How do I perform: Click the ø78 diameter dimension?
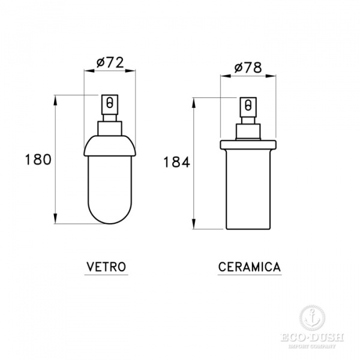click(245, 68)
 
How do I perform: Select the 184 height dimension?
click(176, 161)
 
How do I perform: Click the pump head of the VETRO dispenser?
click(109, 104)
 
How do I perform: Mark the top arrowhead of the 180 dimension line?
click(55, 97)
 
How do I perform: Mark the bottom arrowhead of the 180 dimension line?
click(55, 221)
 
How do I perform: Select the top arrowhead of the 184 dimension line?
click(193, 101)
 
